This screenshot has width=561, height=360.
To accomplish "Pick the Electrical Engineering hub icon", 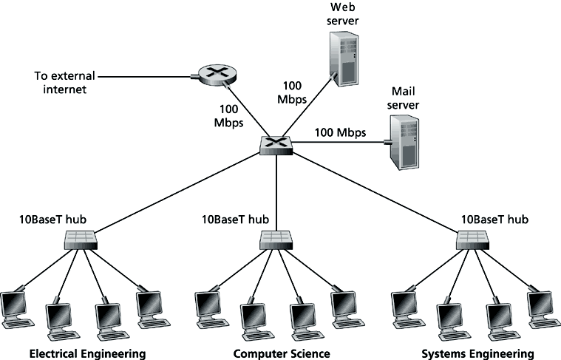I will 81,240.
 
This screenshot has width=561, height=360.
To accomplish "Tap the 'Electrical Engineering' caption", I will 87,353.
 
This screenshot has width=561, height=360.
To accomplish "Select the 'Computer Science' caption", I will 282,353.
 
